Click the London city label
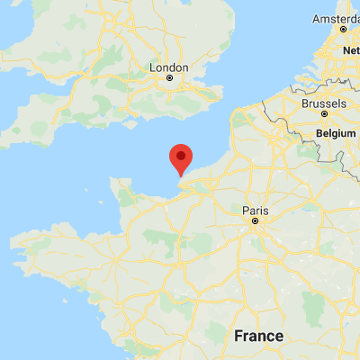pyautogui.click(x=170, y=67)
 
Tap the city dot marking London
pyautogui.click(x=169, y=79)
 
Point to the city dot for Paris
pyautogui.click(x=256, y=220)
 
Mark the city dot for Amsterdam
pyautogui.click(x=344, y=29)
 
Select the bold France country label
pyautogui.click(x=258, y=336)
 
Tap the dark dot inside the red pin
pyautogui.click(x=181, y=156)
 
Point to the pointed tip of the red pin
pyautogui.click(x=181, y=175)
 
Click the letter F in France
pyautogui.click(x=238, y=336)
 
